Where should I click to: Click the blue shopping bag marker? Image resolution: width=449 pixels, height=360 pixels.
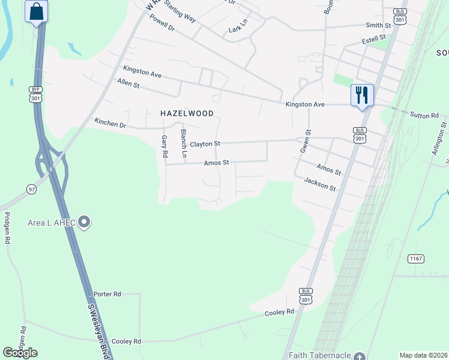[37, 11]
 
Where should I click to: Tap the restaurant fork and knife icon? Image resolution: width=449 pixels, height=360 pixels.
[362, 95]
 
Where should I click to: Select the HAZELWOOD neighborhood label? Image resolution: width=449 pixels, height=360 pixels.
[187, 113]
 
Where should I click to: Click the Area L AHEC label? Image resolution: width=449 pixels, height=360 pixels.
[52, 223]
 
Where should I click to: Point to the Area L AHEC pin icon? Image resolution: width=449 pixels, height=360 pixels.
[85, 223]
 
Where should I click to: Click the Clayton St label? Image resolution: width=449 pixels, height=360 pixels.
[205, 144]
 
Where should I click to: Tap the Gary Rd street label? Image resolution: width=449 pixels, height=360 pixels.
[164, 146]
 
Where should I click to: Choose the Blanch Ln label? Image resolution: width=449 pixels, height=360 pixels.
[184, 140]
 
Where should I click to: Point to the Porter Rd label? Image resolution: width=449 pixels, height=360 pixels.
[107, 294]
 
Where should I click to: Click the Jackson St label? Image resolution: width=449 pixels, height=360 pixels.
[320, 184]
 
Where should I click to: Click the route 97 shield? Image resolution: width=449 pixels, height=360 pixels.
[31, 189]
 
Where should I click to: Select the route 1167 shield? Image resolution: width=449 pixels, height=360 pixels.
[416, 259]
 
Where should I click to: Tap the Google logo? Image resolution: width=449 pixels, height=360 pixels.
[20, 353]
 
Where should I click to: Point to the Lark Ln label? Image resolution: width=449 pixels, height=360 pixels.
[238, 29]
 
